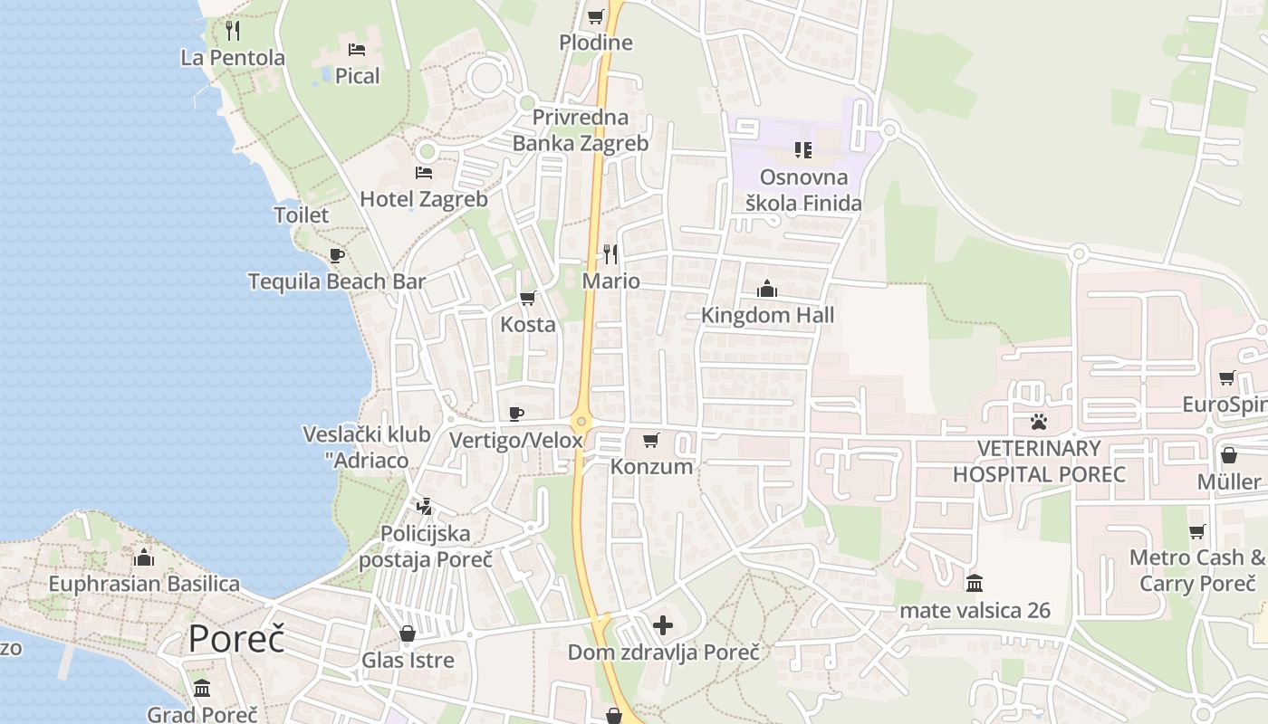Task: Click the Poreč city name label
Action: (x=236, y=639)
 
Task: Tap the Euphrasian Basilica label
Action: (x=144, y=584)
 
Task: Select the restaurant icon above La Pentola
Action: (x=233, y=31)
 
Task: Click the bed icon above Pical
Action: (x=357, y=49)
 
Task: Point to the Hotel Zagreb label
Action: (x=424, y=199)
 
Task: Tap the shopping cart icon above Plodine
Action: (x=595, y=16)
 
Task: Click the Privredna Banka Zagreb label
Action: (x=581, y=130)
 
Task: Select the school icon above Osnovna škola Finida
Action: (x=803, y=149)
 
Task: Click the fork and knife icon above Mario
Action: (x=610, y=254)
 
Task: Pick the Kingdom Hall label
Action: (x=768, y=315)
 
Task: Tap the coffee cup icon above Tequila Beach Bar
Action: (x=337, y=255)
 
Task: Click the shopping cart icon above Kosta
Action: (x=528, y=298)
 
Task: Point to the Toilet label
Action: (x=302, y=215)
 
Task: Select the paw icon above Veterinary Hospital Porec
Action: (x=1038, y=422)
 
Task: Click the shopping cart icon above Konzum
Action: (x=650, y=441)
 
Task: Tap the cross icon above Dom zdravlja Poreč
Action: (x=663, y=625)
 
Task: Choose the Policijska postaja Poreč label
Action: (x=426, y=546)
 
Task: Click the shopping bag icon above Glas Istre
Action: (x=408, y=633)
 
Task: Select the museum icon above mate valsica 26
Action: (x=975, y=584)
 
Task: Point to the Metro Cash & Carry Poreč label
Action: (x=1197, y=570)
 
